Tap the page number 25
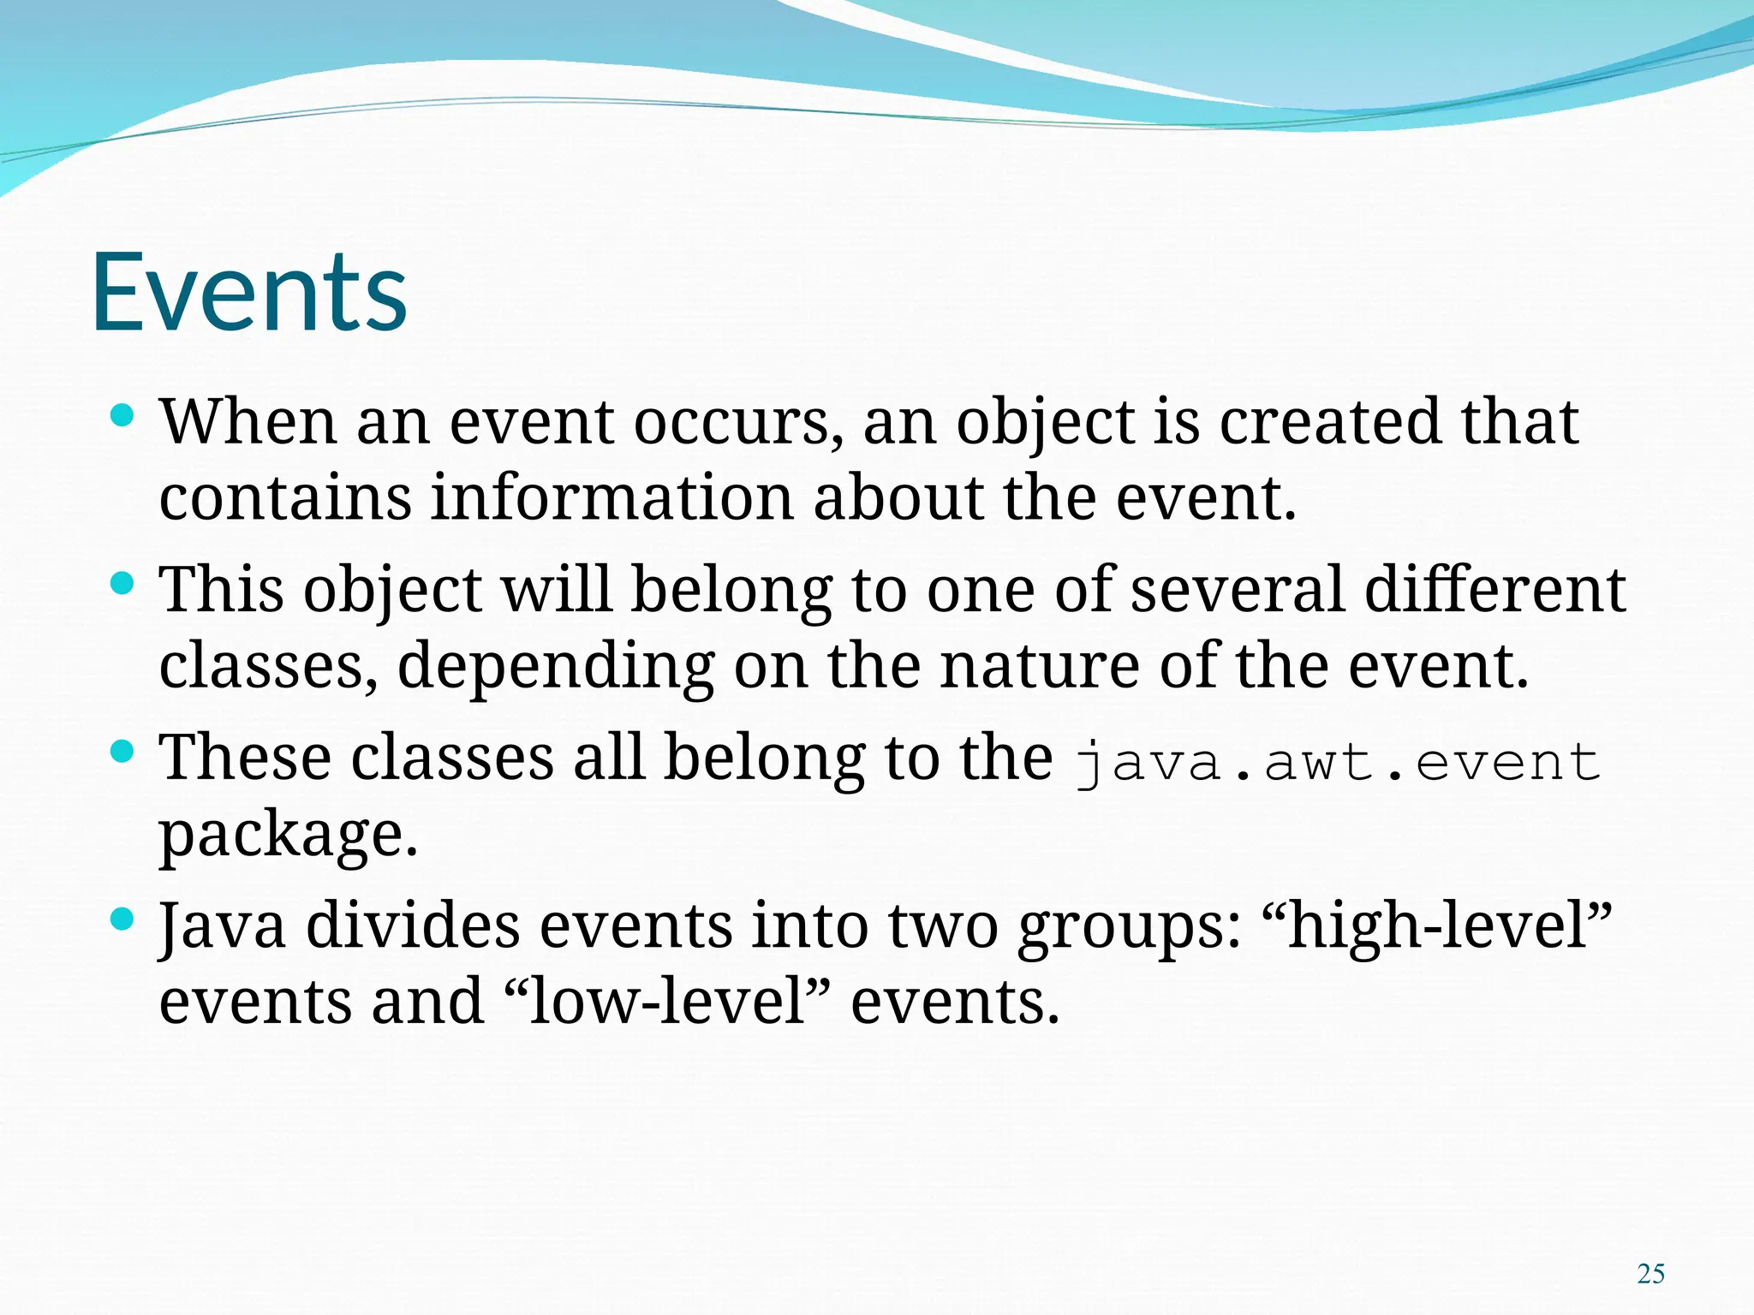click(x=1650, y=1274)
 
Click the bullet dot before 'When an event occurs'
click(x=123, y=417)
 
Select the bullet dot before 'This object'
click(x=123, y=585)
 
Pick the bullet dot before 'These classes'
click(x=123, y=753)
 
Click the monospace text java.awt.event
click(x=1337, y=761)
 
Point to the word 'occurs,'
click(x=738, y=423)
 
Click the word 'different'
click(x=1494, y=590)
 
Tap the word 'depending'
click(x=556, y=667)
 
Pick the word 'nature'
click(x=1040, y=666)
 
